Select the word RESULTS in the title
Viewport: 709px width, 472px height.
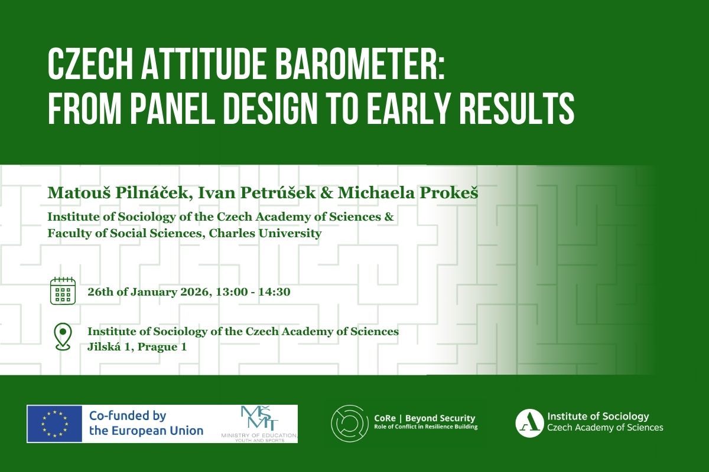517,109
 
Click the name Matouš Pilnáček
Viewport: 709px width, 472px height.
118,193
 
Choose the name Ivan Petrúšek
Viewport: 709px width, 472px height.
257,193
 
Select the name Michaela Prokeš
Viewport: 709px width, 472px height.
408,193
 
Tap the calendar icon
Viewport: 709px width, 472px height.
63,290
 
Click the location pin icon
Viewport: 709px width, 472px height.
63,337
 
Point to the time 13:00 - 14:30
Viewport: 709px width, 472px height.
253,292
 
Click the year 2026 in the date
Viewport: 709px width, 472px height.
194,292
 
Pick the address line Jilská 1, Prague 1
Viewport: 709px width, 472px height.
137,347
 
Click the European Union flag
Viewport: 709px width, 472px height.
54,424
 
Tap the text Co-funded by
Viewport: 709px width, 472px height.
128,416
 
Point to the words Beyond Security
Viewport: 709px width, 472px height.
440,418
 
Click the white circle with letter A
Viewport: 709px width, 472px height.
529,423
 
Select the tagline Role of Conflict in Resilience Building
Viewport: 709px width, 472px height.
426,427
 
